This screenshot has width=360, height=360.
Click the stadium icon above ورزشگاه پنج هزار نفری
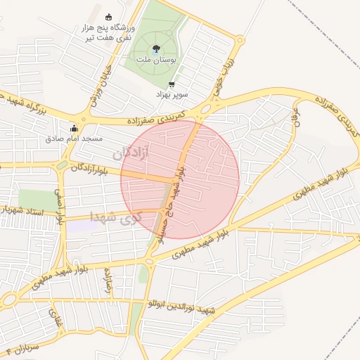tap(108, 17)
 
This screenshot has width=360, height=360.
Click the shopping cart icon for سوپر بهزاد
tap(172, 84)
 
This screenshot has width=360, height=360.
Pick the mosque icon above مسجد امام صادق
tap(75, 128)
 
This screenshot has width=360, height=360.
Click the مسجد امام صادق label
tap(74, 139)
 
